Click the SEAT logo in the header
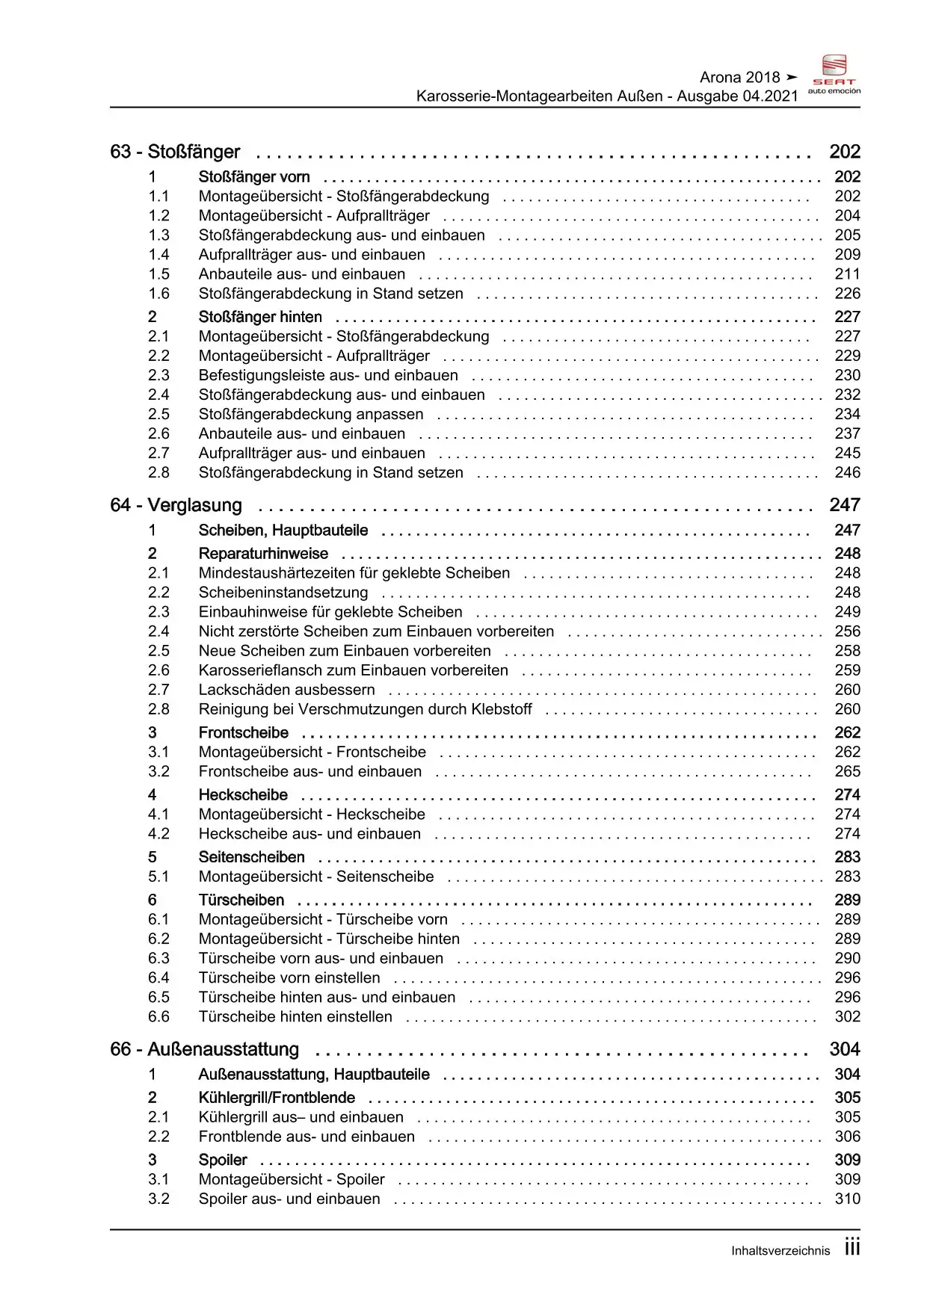pos(834,75)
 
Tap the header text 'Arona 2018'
pos(739,78)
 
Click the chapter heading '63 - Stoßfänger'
pos(175,152)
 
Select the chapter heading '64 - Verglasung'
pos(176,505)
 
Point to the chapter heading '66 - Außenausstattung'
pos(204,1049)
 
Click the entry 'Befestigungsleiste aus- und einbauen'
pos(328,375)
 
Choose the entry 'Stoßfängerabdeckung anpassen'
pos(311,414)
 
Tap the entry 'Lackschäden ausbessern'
pos(287,690)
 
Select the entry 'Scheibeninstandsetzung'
pos(283,593)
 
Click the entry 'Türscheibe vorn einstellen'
pos(289,977)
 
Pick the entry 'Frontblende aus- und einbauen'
pos(307,1137)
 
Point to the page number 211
pos(848,274)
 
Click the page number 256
pos(848,631)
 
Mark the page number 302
pos(848,1016)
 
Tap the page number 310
pos(848,1199)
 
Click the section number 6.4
pos(158,977)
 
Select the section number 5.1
pos(158,877)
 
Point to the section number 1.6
pos(158,294)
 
